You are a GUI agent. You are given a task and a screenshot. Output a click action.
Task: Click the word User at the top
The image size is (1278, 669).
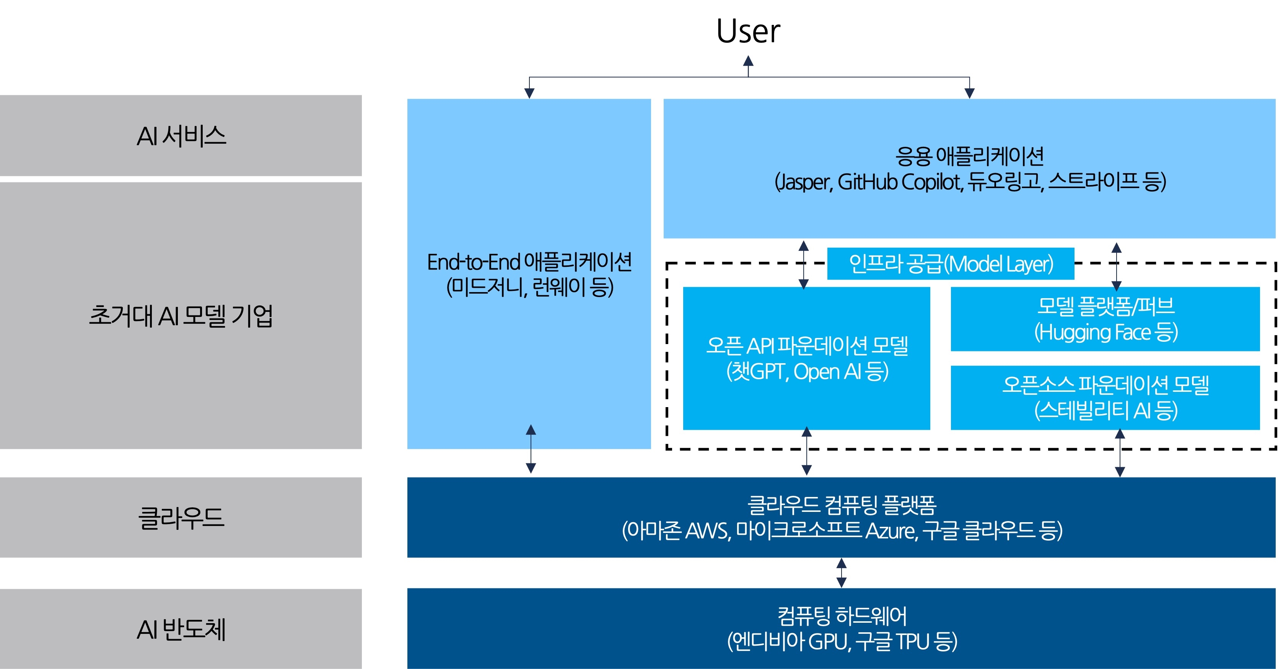(x=748, y=31)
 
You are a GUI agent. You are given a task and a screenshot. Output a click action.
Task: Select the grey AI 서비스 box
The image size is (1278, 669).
(x=181, y=135)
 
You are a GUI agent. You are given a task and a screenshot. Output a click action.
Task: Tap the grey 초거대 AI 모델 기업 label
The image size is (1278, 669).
(x=181, y=315)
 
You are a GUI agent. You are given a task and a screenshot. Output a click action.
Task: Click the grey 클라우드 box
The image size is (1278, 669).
(x=181, y=517)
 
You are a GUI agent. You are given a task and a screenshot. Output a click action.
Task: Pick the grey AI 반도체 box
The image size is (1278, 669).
(x=181, y=629)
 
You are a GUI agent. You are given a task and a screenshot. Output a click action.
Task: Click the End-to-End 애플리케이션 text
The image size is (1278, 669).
(x=529, y=262)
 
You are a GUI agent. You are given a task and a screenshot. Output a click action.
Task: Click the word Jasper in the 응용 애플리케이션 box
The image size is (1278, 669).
(x=804, y=182)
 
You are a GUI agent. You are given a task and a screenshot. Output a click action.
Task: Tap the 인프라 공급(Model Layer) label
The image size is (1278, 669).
(x=951, y=264)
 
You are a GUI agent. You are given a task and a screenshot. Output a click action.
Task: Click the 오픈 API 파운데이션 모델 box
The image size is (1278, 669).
(x=807, y=358)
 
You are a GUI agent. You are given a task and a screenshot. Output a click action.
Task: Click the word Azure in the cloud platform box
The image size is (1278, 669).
(x=891, y=531)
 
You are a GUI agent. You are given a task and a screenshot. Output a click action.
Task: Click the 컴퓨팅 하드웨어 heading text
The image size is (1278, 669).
(x=842, y=616)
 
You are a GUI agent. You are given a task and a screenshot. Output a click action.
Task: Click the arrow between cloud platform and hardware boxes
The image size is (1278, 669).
(x=842, y=573)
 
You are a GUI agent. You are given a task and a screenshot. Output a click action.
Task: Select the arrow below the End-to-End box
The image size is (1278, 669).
(x=531, y=449)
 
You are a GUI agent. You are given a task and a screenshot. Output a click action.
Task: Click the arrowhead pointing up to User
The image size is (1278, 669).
(x=748, y=62)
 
